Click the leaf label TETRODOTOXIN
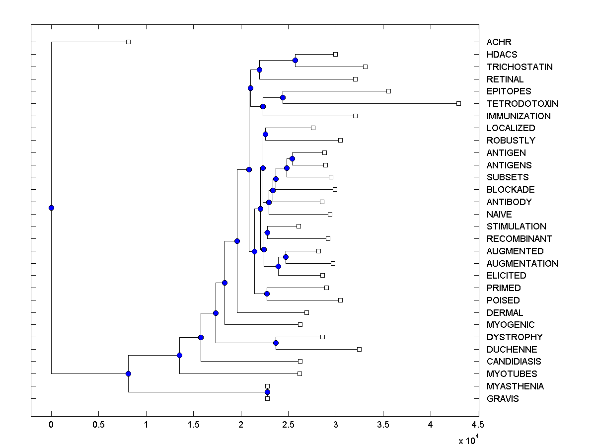[x=522, y=104]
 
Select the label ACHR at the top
[x=499, y=42]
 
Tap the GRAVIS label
[x=503, y=398]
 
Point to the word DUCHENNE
[x=512, y=349]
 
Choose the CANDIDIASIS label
[x=514, y=362]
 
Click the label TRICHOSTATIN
[x=520, y=67]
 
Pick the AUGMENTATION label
[x=522, y=263]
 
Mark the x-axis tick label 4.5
[x=478, y=425]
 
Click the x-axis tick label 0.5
[x=98, y=425]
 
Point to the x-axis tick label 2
[x=241, y=425]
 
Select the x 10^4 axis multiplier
[x=468, y=440]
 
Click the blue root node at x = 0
[x=51, y=208]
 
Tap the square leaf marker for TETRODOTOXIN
[x=458, y=103]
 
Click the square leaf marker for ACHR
[x=128, y=42]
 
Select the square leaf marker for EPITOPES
[x=388, y=91]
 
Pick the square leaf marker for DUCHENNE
[x=359, y=349]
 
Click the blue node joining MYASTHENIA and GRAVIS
[x=267, y=392]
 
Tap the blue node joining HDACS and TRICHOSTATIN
[x=295, y=60]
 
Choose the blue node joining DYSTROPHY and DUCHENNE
[x=276, y=343]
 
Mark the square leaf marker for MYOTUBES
[x=299, y=373]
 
